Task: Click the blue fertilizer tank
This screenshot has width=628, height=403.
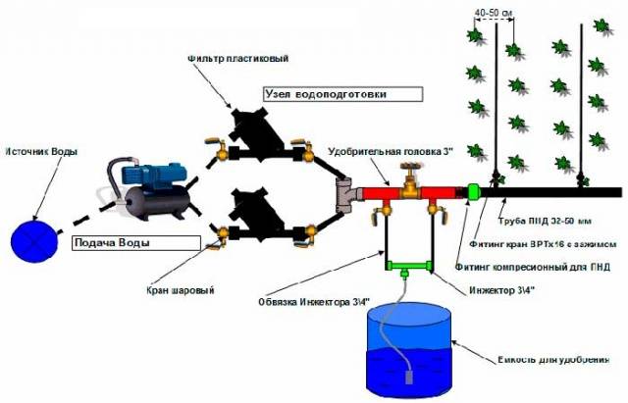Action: tap(409, 347)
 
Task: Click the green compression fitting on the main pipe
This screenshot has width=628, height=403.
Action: tap(472, 192)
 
